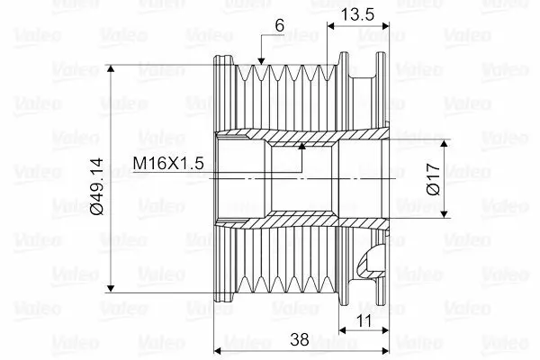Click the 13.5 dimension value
[x=357, y=14]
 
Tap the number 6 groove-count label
[x=280, y=25]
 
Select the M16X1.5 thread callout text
[x=168, y=163]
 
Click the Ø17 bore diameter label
[x=433, y=179]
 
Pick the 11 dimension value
[x=364, y=321]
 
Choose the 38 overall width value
[x=300, y=339]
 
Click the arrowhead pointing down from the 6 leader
[x=261, y=61]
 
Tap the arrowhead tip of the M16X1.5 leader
[x=302, y=146]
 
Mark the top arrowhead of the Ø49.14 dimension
[x=111, y=68]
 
